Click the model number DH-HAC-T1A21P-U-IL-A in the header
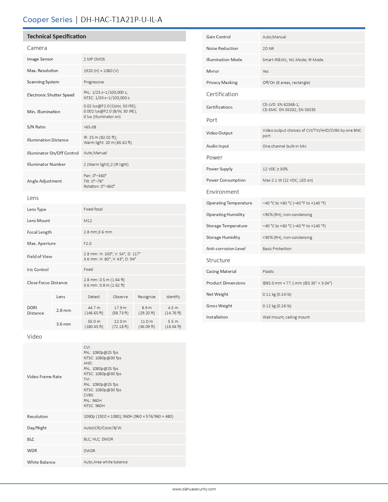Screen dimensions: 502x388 (121, 20)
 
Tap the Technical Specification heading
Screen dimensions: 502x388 (57, 37)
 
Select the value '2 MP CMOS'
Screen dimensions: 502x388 (94, 59)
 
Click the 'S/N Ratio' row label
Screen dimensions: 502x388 (36, 127)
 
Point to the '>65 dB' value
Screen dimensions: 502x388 (90, 127)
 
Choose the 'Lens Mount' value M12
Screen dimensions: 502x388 (88, 221)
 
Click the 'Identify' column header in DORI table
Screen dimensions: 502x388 (173, 297)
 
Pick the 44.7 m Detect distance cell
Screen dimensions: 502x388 (94, 310)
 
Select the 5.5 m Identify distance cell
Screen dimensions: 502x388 (173, 324)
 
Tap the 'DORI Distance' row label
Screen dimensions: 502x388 (36, 310)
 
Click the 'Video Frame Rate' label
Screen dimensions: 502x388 (44, 377)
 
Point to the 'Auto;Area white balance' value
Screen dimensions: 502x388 (106, 462)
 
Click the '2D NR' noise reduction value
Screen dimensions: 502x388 (268, 49)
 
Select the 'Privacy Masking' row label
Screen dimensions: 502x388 (222, 83)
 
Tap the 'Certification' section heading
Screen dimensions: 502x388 (222, 94)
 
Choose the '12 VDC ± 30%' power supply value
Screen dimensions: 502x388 (275, 169)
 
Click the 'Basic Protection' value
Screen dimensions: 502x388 (277, 249)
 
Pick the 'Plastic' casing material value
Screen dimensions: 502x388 (268, 272)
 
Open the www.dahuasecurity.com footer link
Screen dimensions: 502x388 (194, 489)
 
